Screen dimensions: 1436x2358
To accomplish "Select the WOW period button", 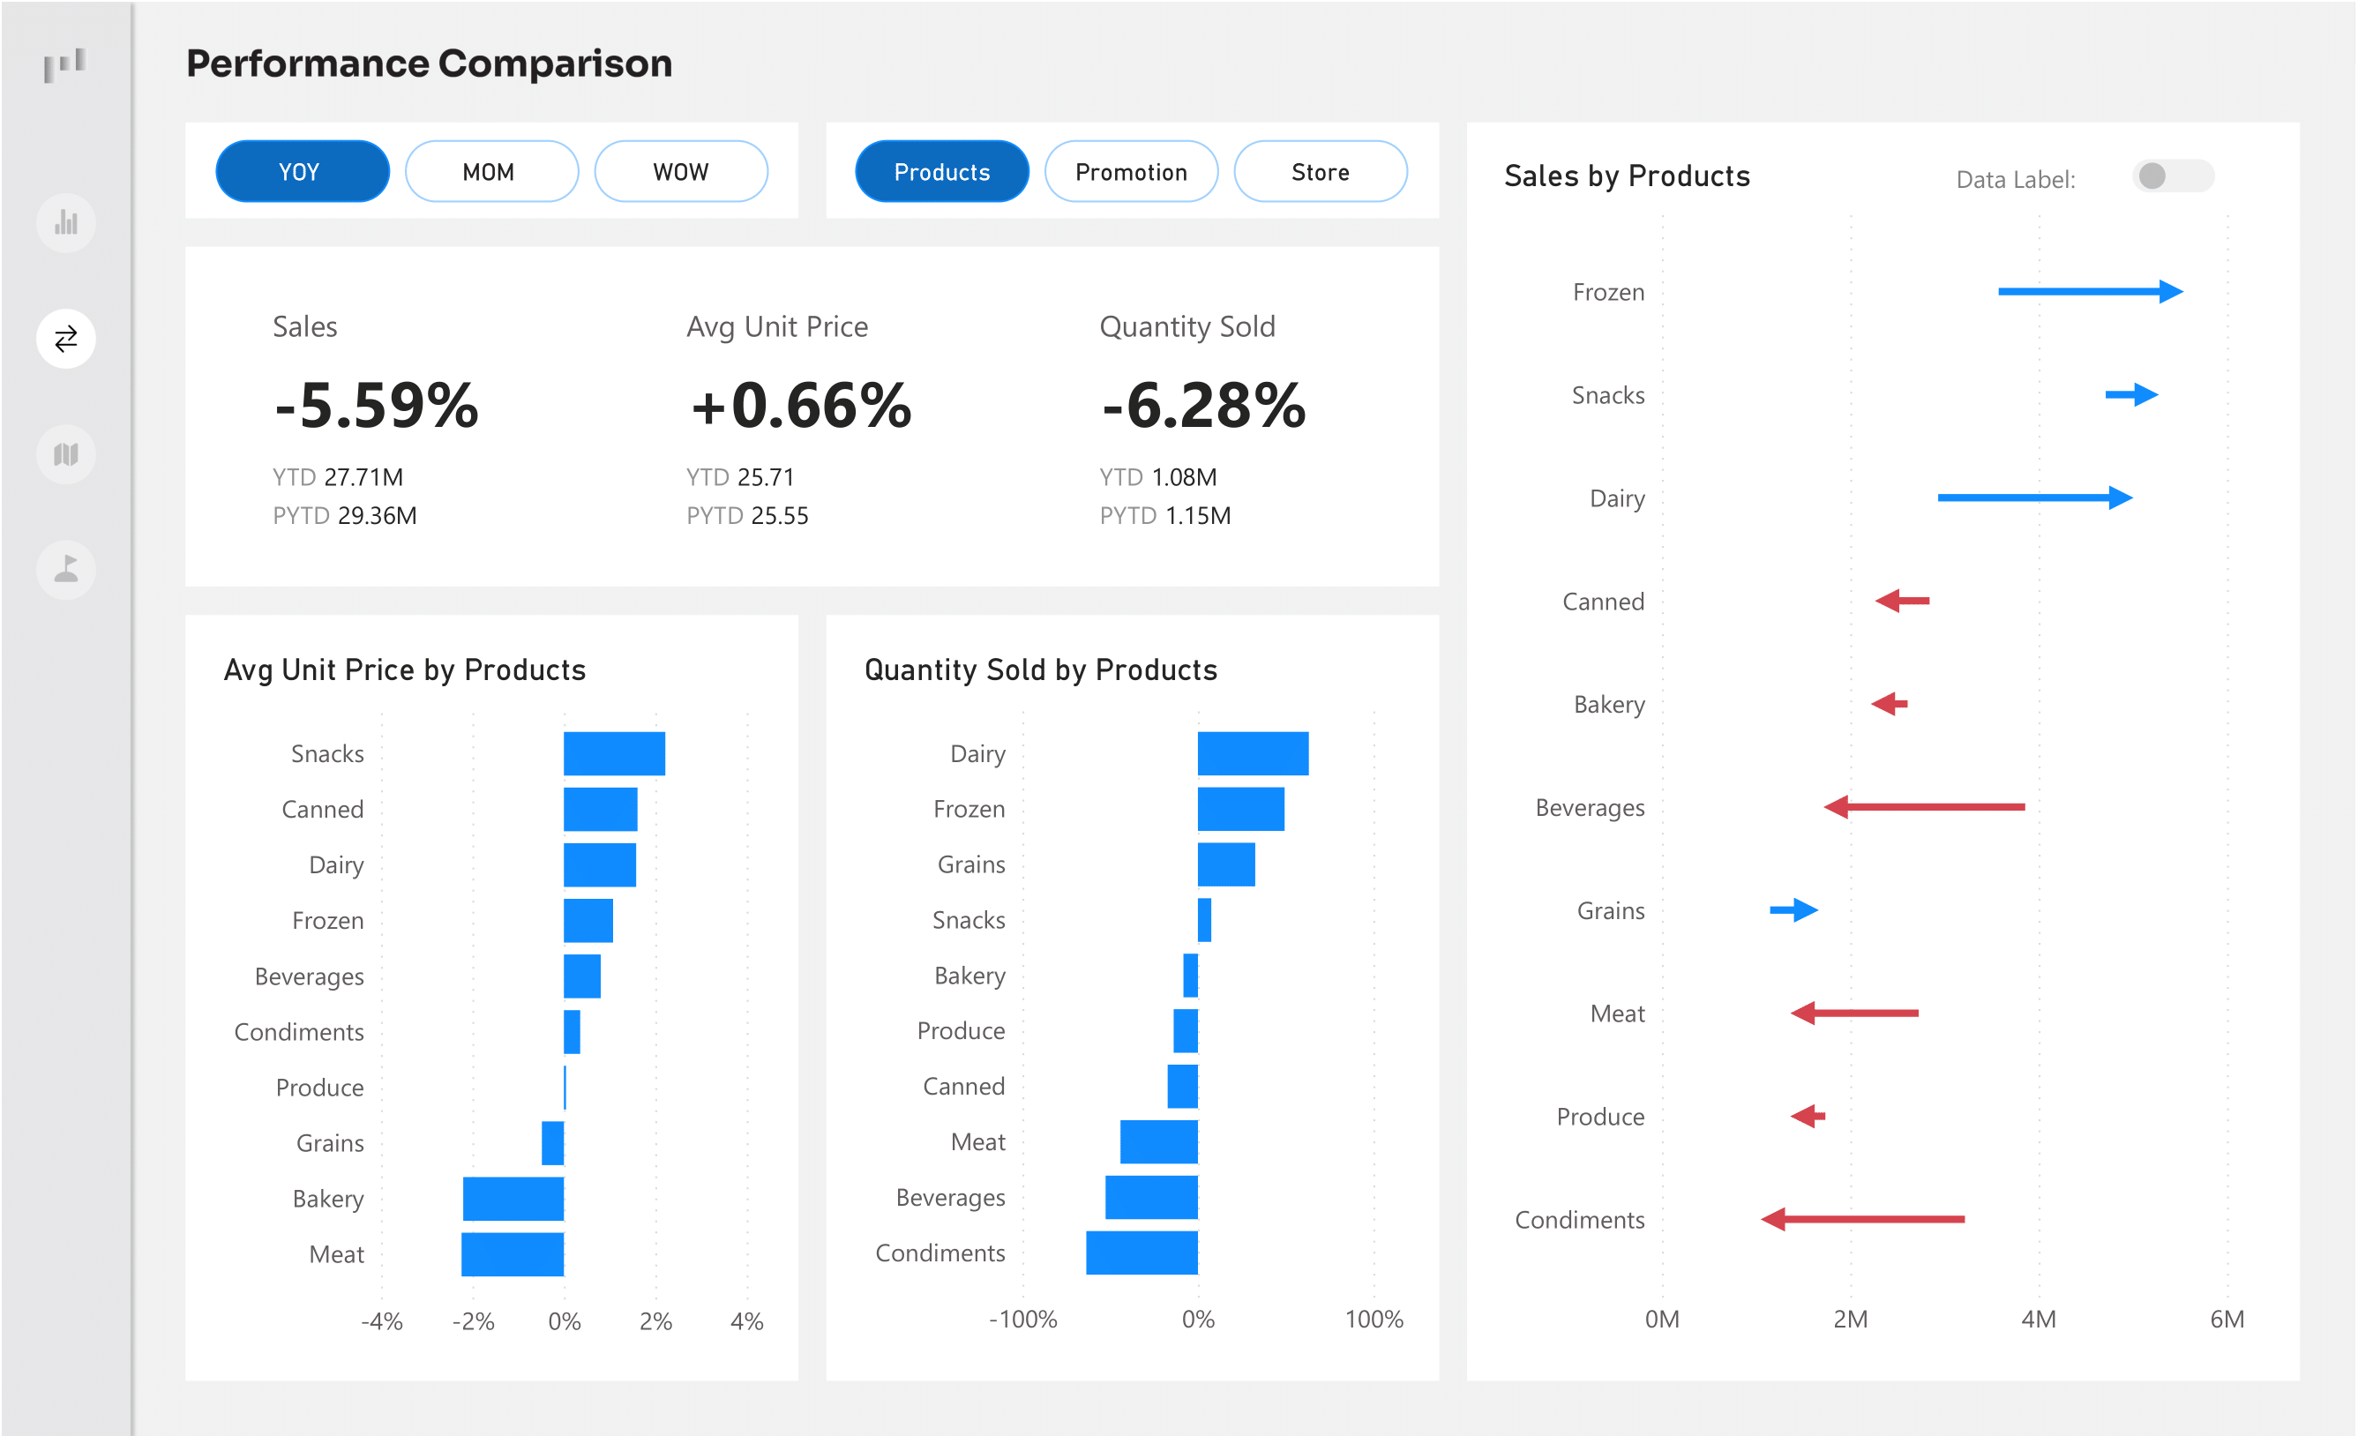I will [680, 172].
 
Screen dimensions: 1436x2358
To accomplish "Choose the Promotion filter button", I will [1130, 172].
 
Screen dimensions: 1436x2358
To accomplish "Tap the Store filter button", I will [1320, 172].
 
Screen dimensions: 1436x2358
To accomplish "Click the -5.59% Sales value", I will [376, 406].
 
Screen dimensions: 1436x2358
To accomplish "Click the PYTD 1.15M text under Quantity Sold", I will [1164, 516].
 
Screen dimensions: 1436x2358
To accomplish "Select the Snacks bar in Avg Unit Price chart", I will [613, 754].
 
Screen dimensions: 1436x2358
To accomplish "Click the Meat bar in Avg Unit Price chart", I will [513, 1254].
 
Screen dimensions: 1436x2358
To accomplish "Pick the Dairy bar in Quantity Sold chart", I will [1252, 754].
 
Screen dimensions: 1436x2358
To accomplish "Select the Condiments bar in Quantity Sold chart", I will [1141, 1253].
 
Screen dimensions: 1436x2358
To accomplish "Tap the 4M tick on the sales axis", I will [2038, 1320].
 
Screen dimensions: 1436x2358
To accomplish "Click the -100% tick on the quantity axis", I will [1022, 1320].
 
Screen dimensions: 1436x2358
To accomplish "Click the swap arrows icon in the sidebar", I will [66, 339].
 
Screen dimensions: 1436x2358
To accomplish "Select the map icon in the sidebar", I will [66, 454].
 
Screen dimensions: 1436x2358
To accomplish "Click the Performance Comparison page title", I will [429, 64].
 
